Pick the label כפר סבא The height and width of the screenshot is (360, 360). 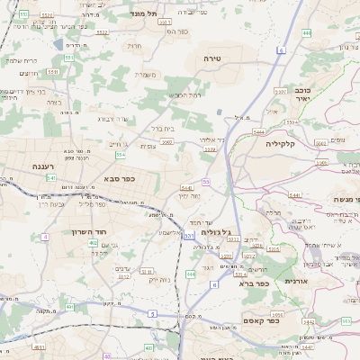click(118, 178)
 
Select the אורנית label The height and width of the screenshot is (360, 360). click(295, 281)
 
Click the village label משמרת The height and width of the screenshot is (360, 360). click(147, 75)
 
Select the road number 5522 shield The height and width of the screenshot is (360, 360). click(102, 32)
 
